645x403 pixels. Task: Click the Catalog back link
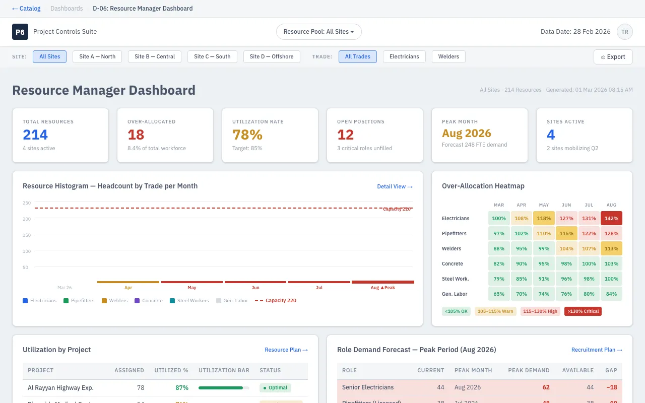tap(26, 9)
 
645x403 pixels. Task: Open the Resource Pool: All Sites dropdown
tap(318, 32)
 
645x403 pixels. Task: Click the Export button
tap(613, 57)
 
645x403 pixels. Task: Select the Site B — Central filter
tap(155, 56)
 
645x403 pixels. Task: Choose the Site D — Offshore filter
tap(272, 56)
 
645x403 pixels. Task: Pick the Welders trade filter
tap(448, 56)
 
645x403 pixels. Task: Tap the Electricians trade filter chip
tap(404, 56)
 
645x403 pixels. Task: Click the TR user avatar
tap(624, 32)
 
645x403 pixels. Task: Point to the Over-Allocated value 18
tap(136, 135)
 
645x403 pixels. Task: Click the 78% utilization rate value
tap(247, 135)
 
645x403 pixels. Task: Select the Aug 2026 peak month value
tap(467, 133)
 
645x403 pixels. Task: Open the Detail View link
tap(395, 186)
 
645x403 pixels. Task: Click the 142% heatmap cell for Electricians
tap(611, 218)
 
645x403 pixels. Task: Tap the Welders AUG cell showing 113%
tap(611, 248)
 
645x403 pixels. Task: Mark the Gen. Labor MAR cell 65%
tap(499, 294)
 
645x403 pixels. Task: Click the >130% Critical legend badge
tap(583, 311)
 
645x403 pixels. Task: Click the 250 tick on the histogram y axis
tap(27, 203)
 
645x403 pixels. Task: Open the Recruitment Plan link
tap(597, 350)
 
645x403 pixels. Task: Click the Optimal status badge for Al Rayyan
tap(275, 388)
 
